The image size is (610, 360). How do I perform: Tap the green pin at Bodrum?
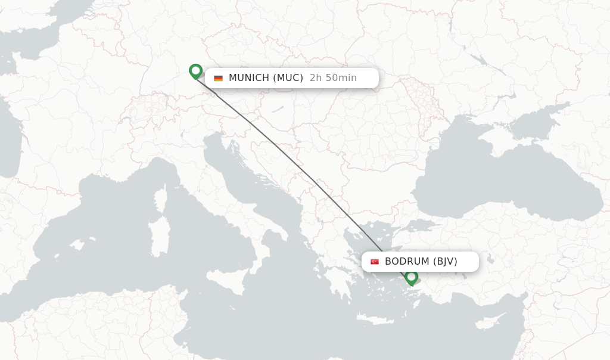point(411,277)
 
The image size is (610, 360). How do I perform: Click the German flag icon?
point(218,78)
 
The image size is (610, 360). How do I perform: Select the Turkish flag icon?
point(375,262)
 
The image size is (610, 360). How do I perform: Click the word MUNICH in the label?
point(249,78)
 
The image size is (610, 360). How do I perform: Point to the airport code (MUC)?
point(288,78)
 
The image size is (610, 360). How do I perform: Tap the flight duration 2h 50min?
point(333,78)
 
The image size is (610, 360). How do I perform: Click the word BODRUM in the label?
point(407,262)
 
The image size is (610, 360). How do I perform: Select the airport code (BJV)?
point(445,262)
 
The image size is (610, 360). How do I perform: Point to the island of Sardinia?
point(159,236)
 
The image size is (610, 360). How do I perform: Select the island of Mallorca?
point(76,245)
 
